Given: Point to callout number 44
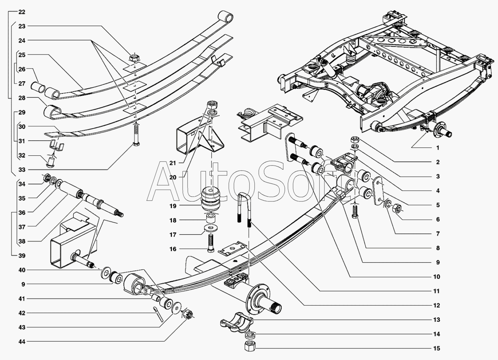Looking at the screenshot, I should pos(22,341).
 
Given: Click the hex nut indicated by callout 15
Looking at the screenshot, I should pos(250,347).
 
